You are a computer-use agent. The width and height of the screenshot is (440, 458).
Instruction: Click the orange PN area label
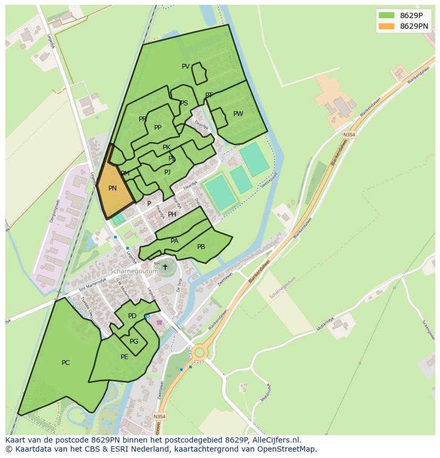pos(113,188)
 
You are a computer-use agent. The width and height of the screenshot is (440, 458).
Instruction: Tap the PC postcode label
pos(65,363)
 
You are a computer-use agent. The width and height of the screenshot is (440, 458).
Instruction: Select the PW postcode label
pos(238,114)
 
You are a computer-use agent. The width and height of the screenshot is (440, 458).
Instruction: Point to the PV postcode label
pos(185,66)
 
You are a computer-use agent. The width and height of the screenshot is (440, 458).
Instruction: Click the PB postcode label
pos(201,247)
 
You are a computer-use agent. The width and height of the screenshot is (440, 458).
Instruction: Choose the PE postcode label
pos(124,357)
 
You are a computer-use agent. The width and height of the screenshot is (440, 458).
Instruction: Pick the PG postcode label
pos(134,342)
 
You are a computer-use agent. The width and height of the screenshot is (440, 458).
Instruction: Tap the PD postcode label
pos(132,316)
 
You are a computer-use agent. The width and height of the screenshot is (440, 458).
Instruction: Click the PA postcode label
pos(174,241)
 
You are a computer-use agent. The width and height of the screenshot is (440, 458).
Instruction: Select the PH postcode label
pos(172,214)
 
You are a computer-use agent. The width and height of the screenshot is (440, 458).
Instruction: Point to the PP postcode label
pos(158,128)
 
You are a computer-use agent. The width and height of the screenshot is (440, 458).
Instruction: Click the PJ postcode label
pos(167,172)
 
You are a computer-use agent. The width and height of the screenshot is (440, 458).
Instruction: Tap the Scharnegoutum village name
pos(134,271)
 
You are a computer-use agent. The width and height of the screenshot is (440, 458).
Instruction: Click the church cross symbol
pos(165,267)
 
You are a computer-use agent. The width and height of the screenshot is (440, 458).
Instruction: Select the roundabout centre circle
pos(199,352)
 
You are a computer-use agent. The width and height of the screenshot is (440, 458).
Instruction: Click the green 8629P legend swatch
pos(387,15)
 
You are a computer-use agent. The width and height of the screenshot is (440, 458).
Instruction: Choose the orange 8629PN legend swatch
pos(387,26)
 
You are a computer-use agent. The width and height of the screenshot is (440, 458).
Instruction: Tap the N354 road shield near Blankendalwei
pos(349,135)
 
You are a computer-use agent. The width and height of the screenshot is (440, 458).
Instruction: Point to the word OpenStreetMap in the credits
pos(287,449)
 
